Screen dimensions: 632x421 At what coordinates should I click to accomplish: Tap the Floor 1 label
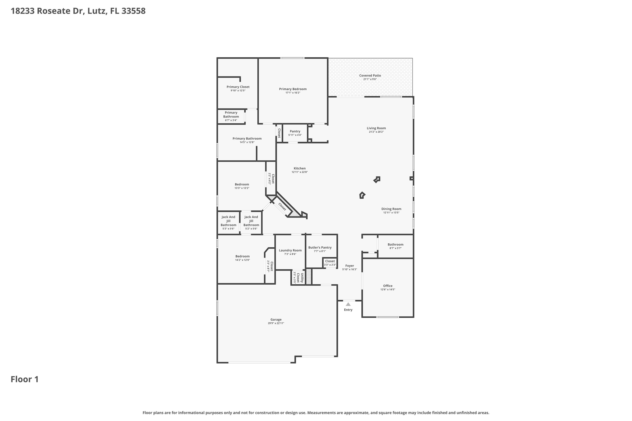(25, 379)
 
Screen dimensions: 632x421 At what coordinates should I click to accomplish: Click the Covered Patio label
(370, 76)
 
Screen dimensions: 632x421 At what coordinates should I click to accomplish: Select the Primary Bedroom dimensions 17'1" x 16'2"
(293, 93)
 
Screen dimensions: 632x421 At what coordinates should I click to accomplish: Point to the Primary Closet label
(238, 87)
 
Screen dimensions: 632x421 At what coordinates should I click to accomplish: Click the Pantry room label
(295, 131)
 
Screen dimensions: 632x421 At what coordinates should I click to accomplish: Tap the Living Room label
(376, 128)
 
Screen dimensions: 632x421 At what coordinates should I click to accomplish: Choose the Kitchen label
(300, 168)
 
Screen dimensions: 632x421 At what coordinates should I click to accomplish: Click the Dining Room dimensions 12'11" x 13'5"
(391, 213)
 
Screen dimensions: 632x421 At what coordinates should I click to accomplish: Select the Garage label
(276, 320)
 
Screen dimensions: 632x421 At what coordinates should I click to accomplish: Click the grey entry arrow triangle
(348, 304)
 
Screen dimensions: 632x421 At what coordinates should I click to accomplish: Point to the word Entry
(348, 310)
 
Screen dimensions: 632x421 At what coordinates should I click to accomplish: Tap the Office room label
(388, 286)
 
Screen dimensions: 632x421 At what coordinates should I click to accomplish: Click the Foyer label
(350, 266)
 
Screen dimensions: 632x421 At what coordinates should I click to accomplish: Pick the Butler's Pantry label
(320, 247)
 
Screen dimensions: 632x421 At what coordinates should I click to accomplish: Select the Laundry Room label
(290, 250)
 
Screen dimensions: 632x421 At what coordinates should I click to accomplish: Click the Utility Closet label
(300, 278)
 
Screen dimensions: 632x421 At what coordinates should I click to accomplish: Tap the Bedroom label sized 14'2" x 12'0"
(243, 256)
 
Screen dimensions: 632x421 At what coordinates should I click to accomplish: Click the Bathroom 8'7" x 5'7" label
(396, 245)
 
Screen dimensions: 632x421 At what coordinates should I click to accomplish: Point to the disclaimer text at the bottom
(316, 413)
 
